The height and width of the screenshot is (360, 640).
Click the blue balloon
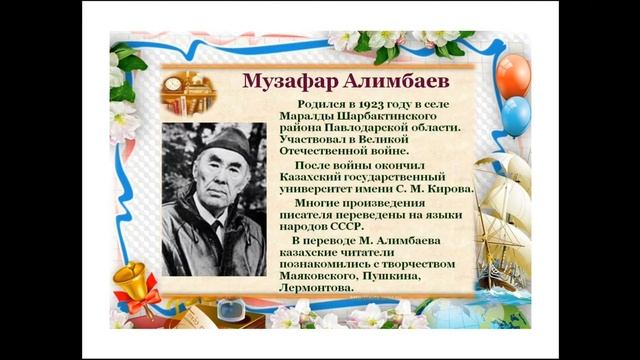click(516, 116)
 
